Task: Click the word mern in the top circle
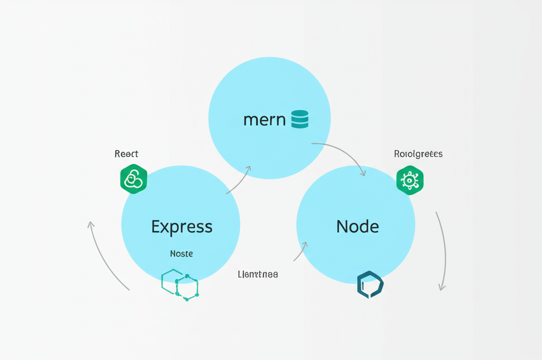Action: point(264,120)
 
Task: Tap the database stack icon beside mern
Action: point(300,119)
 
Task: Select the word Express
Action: point(182,227)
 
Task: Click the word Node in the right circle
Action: point(358,227)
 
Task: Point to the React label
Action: point(127,154)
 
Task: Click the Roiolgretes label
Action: point(418,154)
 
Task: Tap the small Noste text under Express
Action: point(182,254)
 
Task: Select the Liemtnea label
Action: point(258,274)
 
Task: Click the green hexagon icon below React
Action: point(133,179)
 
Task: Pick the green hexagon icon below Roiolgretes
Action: point(410,180)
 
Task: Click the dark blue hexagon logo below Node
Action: point(370,284)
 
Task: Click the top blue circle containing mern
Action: point(269,90)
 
